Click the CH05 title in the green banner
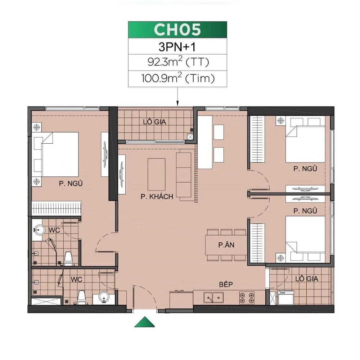pos(177,30)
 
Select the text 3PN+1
pos(177,47)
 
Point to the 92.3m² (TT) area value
pos(177,62)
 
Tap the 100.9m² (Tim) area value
pos(177,78)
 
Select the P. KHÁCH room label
pos(157,197)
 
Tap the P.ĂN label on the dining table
pos(227,246)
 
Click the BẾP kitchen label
pos(226,284)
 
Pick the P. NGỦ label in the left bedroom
pos(71,184)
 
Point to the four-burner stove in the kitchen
pos(247,297)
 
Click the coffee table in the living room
pos(156,175)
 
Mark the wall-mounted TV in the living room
pos(122,174)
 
